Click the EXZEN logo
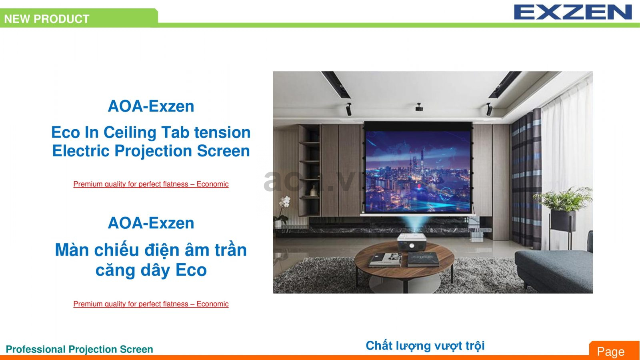point(573,12)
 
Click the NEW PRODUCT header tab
point(47,19)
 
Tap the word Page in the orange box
point(610,351)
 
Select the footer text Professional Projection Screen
point(79,349)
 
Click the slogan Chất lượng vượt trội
point(425,346)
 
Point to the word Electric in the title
point(81,151)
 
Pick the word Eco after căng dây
point(191,270)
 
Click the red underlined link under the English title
point(151,184)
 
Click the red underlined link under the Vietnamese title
point(151,304)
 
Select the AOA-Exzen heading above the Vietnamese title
point(151,223)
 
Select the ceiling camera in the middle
point(419,107)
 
